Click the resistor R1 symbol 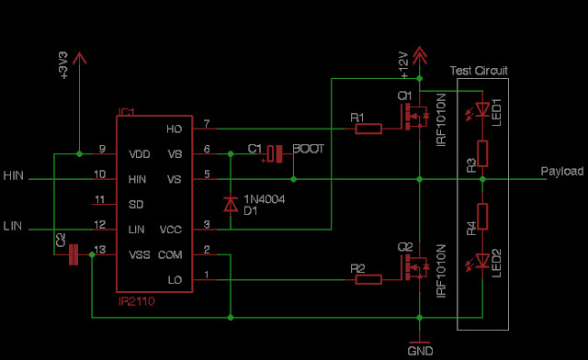tap(367, 129)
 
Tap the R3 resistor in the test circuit tap(481, 153)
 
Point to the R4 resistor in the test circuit tap(481, 217)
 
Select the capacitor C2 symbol tap(74, 254)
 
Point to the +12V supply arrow tap(420, 56)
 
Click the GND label tap(420, 351)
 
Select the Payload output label tap(561, 172)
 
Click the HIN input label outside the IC tap(14, 175)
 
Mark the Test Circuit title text tap(479, 71)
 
